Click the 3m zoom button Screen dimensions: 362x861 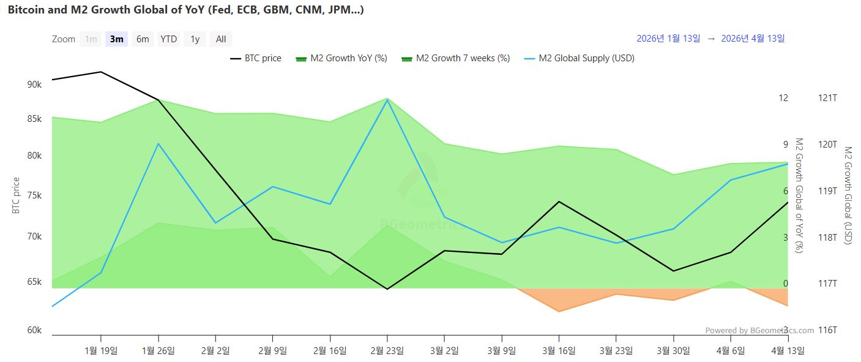click(x=116, y=39)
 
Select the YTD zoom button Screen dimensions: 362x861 click(x=168, y=39)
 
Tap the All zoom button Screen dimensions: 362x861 click(x=221, y=39)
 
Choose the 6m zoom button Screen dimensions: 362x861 click(x=143, y=39)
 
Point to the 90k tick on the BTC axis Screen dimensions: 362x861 click(x=34, y=84)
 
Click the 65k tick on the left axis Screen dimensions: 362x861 click(x=34, y=282)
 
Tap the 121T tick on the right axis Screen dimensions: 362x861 click(x=827, y=98)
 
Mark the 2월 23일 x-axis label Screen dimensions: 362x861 click(x=387, y=350)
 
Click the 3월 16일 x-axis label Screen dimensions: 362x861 click(x=559, y=350)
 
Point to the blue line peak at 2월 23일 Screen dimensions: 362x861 click(x=387, y=100)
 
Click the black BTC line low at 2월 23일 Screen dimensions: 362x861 click(x=387, y=289)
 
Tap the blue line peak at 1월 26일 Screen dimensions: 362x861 click(x=158, y=143)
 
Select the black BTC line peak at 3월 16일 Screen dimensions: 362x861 click(x=559, y=202)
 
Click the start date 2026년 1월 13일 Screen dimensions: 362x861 click(x=668, y=38)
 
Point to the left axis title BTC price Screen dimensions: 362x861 click(x=16, y=195)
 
